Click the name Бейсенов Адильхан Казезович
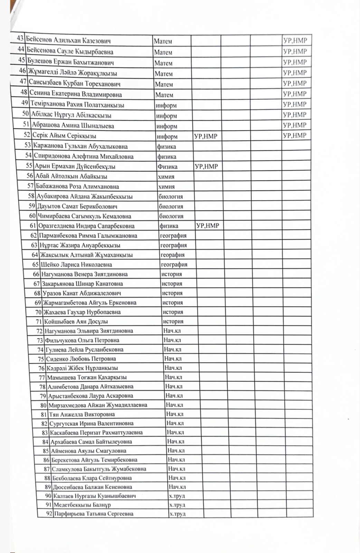(x=69, y=41)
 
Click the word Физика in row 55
(x=168, y=167)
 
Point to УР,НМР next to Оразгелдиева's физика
(x=208, y=226)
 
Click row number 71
(x=39, y=321)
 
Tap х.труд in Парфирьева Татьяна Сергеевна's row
(x=177, y=514)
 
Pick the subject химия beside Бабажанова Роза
(x=166, y=187)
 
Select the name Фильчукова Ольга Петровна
(x=82, y=340)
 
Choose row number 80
(x=44, y=405)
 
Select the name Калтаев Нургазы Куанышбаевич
(x=94, y=496)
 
